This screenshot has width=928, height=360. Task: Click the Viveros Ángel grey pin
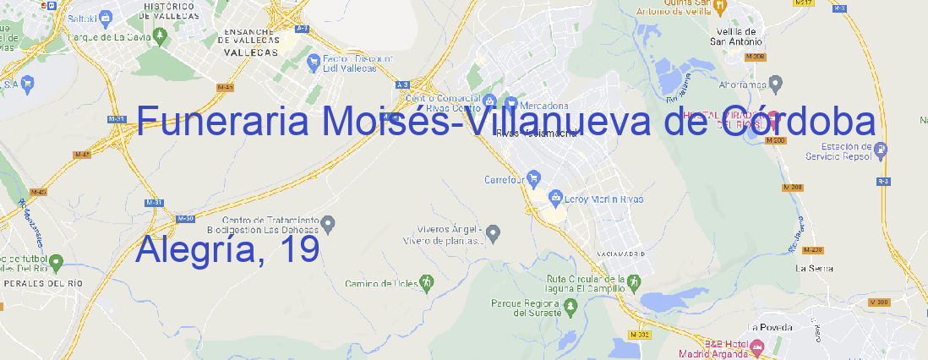click(x=494, y=232)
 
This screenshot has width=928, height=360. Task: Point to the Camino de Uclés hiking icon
click(x=427, y=281)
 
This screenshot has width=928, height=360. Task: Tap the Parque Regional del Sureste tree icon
click(x=571, y=308)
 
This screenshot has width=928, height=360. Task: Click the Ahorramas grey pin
click(x=776, y=83)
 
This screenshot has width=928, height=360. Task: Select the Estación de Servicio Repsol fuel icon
click(x=881, y=150)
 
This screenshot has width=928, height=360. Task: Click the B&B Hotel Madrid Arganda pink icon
click(x=757, y=346)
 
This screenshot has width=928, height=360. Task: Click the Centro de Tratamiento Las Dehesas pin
click(x=329, y=223)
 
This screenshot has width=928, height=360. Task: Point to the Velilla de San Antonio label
click(x=735, y=36)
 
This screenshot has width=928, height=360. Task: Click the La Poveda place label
click(x=771, y=327)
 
